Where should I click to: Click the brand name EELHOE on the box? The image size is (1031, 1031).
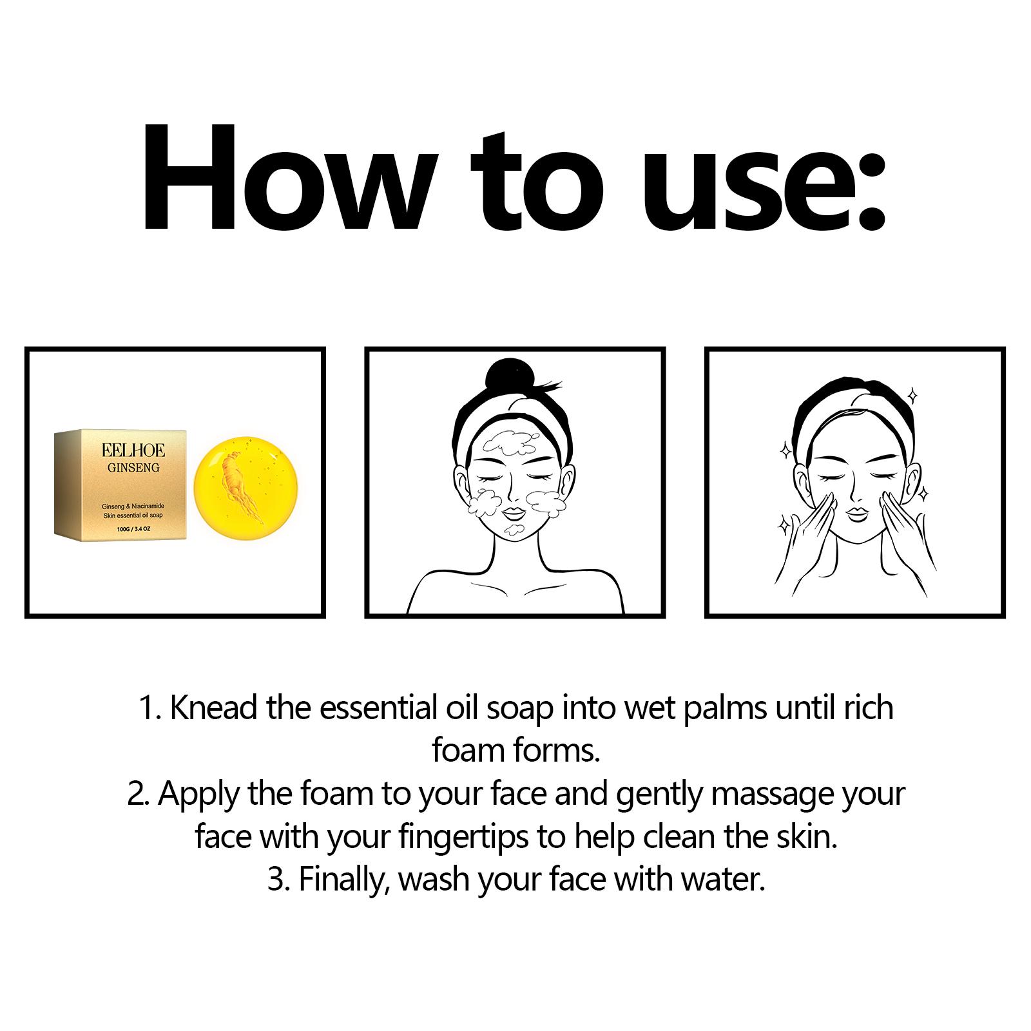point(124,449)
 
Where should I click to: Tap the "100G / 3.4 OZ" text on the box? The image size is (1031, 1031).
point(124,528)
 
